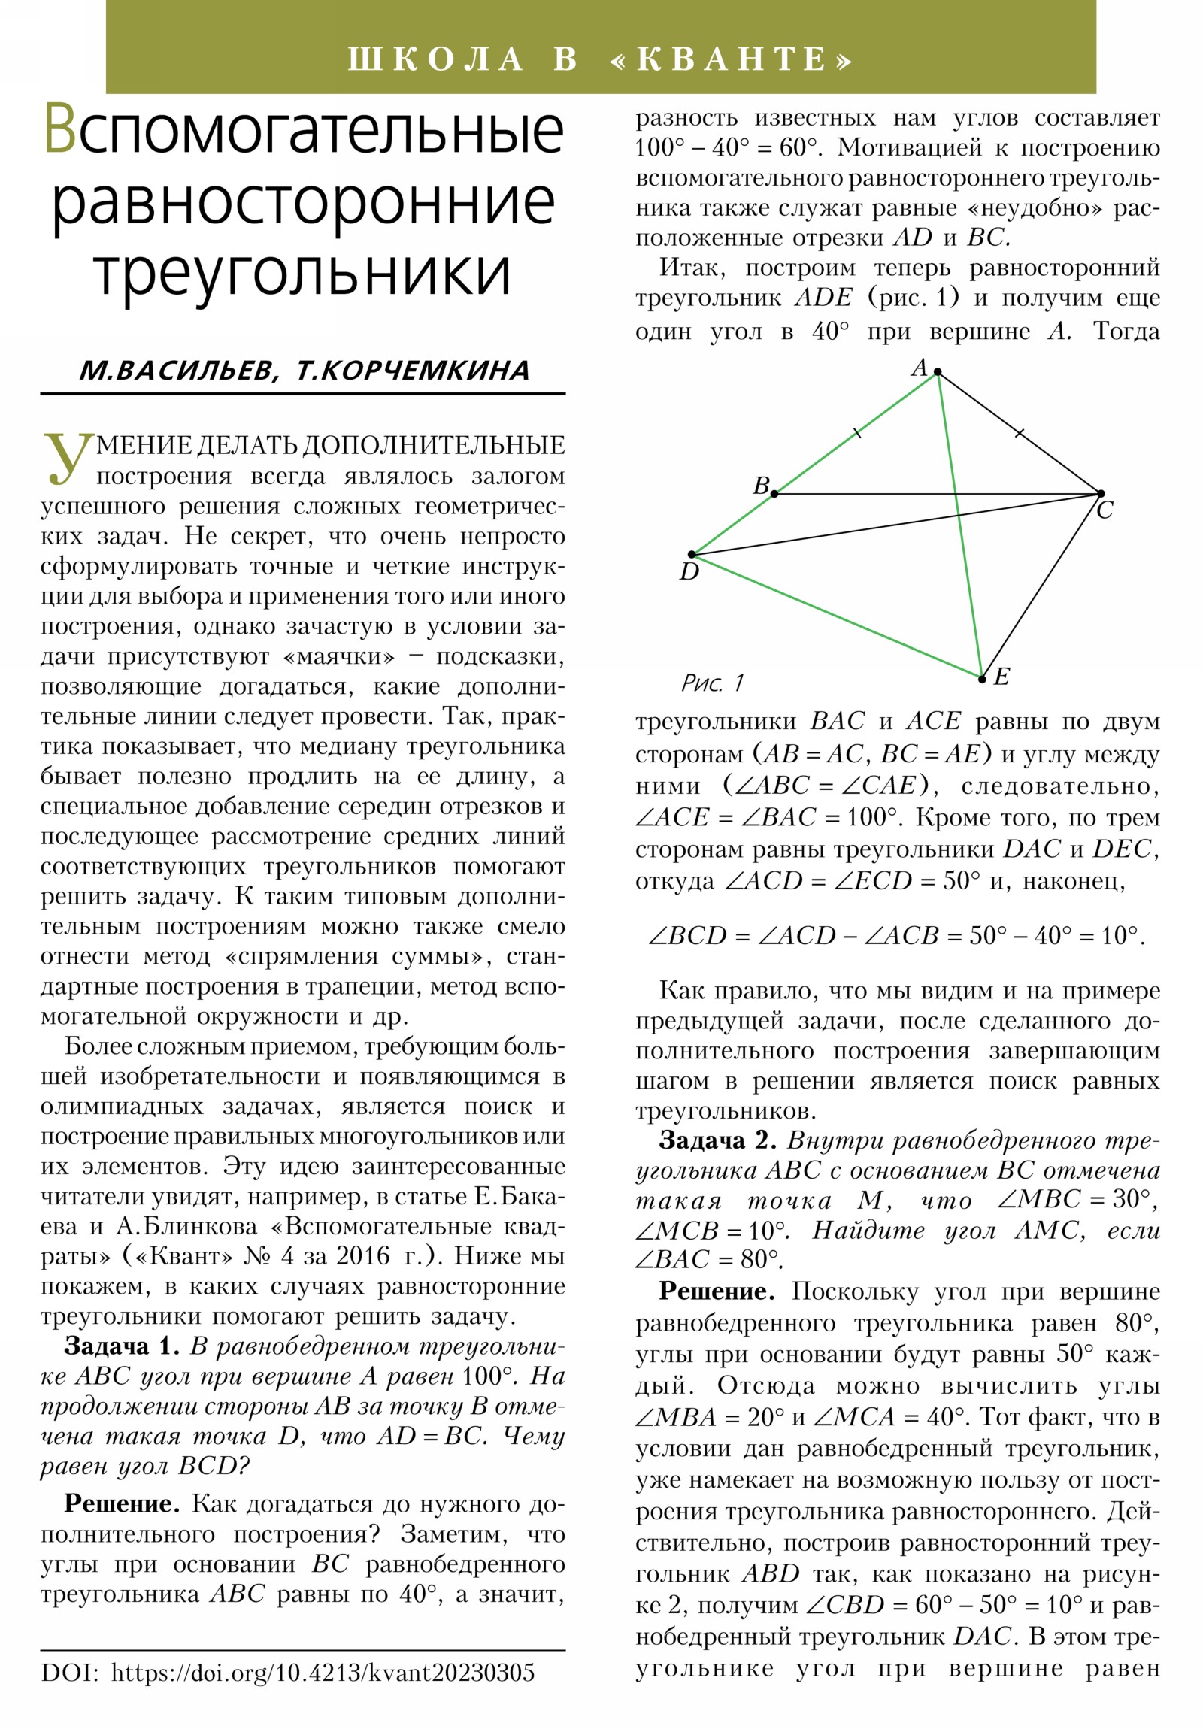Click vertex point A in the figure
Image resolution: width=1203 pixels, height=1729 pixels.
pos(937,372)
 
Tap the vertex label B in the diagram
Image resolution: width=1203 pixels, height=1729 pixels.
pos(761,486)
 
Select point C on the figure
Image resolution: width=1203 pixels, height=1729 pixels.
pos(1101,494)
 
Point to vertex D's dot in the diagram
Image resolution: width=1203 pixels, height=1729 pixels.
pos(692,555)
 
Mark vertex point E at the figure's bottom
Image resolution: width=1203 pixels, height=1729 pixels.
pos(981,680)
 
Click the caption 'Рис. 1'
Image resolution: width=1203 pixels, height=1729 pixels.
pos(712,683)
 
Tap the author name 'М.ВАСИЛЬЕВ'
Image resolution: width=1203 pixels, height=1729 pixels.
pos(177,371)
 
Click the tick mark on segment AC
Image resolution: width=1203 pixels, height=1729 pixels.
pos(1020,433)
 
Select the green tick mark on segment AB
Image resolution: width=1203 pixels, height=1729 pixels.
pos(856,433)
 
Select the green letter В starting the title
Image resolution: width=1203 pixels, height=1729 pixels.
pos(59,129)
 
